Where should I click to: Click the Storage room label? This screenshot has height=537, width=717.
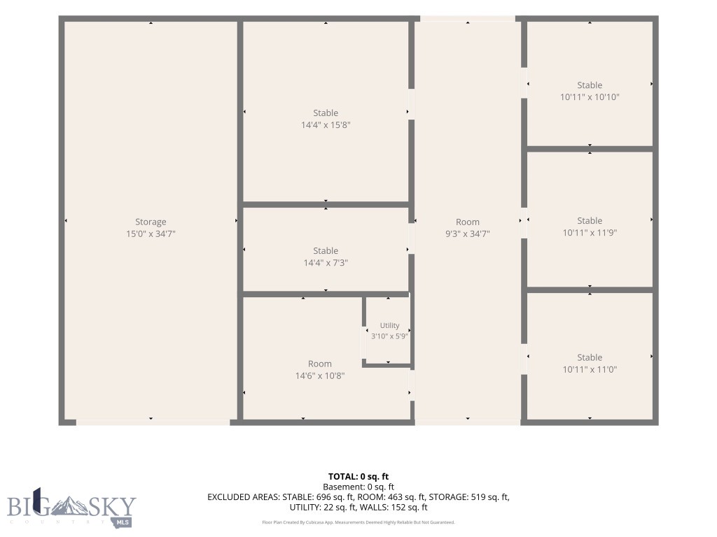[x=151, y=222]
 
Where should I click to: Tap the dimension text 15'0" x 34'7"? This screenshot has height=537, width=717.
[x=151, y=234]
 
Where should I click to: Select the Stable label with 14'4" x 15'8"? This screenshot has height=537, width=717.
[x=326, y=113]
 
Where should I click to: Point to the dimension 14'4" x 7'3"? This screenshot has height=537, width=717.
[x=326, y=263]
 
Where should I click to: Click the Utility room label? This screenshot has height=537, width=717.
[x=389, y=326]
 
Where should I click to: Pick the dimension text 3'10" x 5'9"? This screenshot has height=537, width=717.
[x=389, y=336]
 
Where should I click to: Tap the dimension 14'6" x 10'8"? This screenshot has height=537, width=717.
[x=319, y=375]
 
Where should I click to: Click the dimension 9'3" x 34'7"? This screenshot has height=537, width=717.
[x=467, y=234]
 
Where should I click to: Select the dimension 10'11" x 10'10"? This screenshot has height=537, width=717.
[x=590, y=96]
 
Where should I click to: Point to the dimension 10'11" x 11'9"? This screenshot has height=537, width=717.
[x=590, y=232]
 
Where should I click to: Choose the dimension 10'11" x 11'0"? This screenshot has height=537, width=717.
[x=590, y=369]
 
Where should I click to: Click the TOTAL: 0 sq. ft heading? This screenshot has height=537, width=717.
[x=358, y=477]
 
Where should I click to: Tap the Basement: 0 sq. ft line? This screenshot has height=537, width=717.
[x=358, y=487]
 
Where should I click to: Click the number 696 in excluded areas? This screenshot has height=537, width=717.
[x=323, y=497]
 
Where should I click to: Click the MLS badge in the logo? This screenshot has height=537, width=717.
[x=122, y=522]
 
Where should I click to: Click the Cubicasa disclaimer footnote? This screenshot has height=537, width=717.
[x=358, y=522]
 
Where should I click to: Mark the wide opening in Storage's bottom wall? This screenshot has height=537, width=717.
[x=153, y=422]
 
